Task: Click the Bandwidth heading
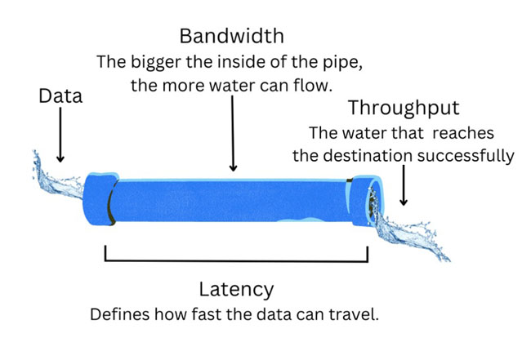232,36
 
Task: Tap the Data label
60,96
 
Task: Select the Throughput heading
404,109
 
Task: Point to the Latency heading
236,290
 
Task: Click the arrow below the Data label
60,135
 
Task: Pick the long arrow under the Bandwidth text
233,133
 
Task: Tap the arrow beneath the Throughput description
404,185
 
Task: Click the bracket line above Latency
236,260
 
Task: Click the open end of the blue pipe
375,202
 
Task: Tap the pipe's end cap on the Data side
100,199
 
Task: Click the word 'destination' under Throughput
368,156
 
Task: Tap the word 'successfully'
466,157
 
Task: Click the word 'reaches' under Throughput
463,133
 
